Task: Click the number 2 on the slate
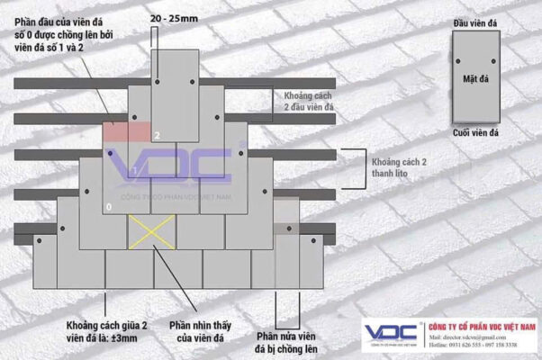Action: [x=156, y=136]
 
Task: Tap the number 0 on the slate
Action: [x=109, y=208]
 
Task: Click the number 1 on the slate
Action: [x=133, y=171]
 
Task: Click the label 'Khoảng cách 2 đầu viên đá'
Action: [x=309, y=102]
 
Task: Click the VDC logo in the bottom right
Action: [x=393, y=332]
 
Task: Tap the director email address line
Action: [x=474, y=337]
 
